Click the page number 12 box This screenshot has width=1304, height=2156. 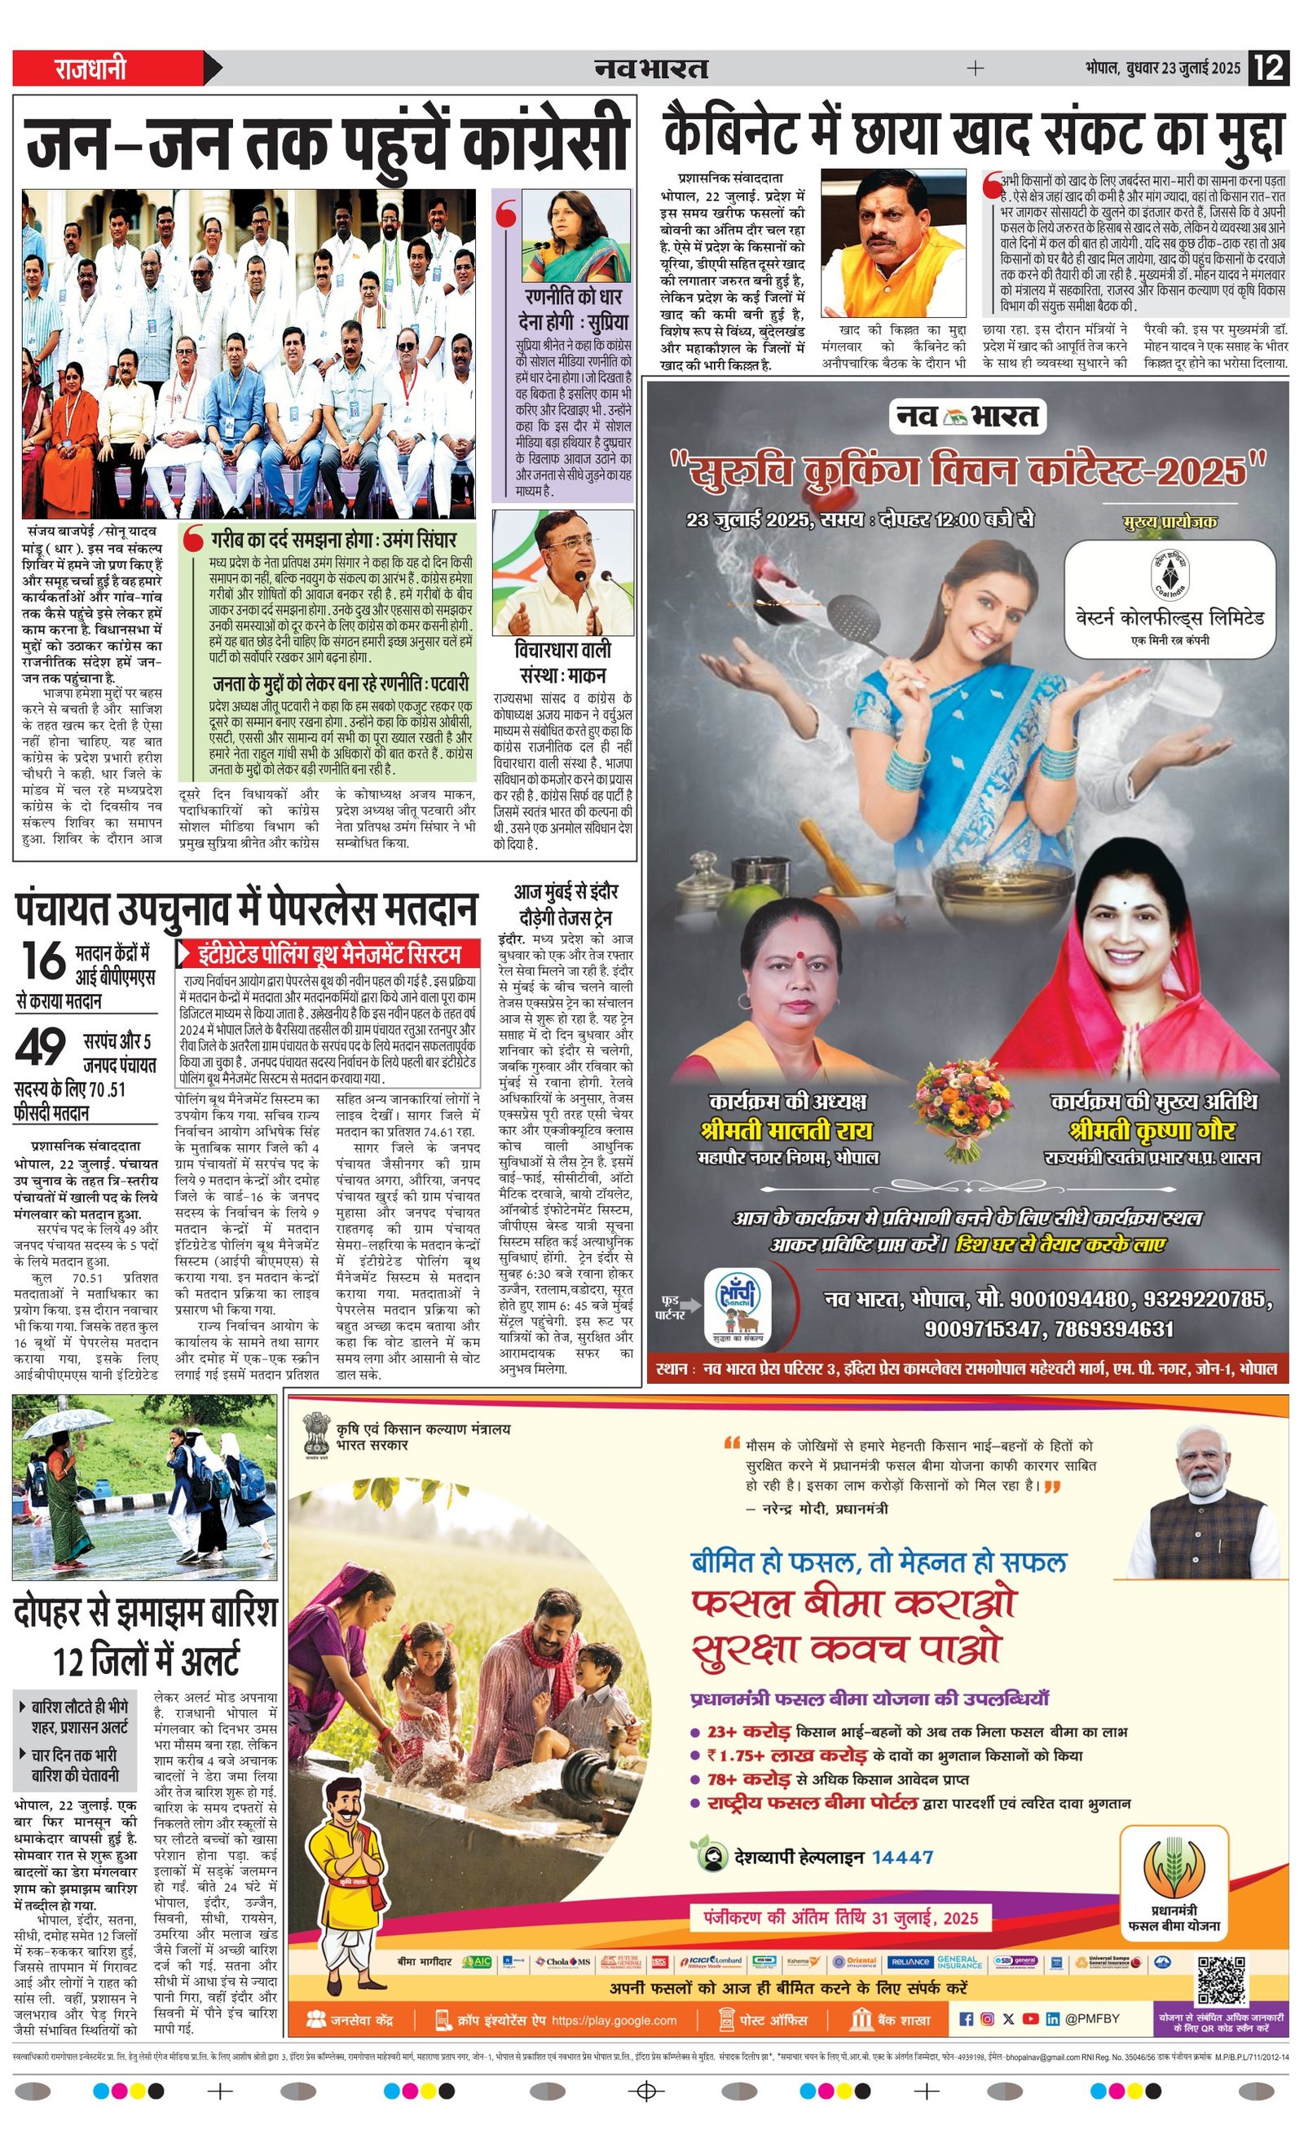click(x=1269, y=68)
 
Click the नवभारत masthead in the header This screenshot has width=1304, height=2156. click(x=650, y=68)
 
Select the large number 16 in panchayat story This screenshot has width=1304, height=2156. click(x=43, y=961)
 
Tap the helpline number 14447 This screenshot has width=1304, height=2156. click(x=901, y=1858)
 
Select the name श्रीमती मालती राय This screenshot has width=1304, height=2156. click(x=786, y=1130)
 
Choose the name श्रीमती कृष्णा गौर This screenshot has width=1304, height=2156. click(x=1152, y=1130)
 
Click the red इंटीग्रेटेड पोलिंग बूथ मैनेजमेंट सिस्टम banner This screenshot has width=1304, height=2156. click(x=331, y=953)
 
